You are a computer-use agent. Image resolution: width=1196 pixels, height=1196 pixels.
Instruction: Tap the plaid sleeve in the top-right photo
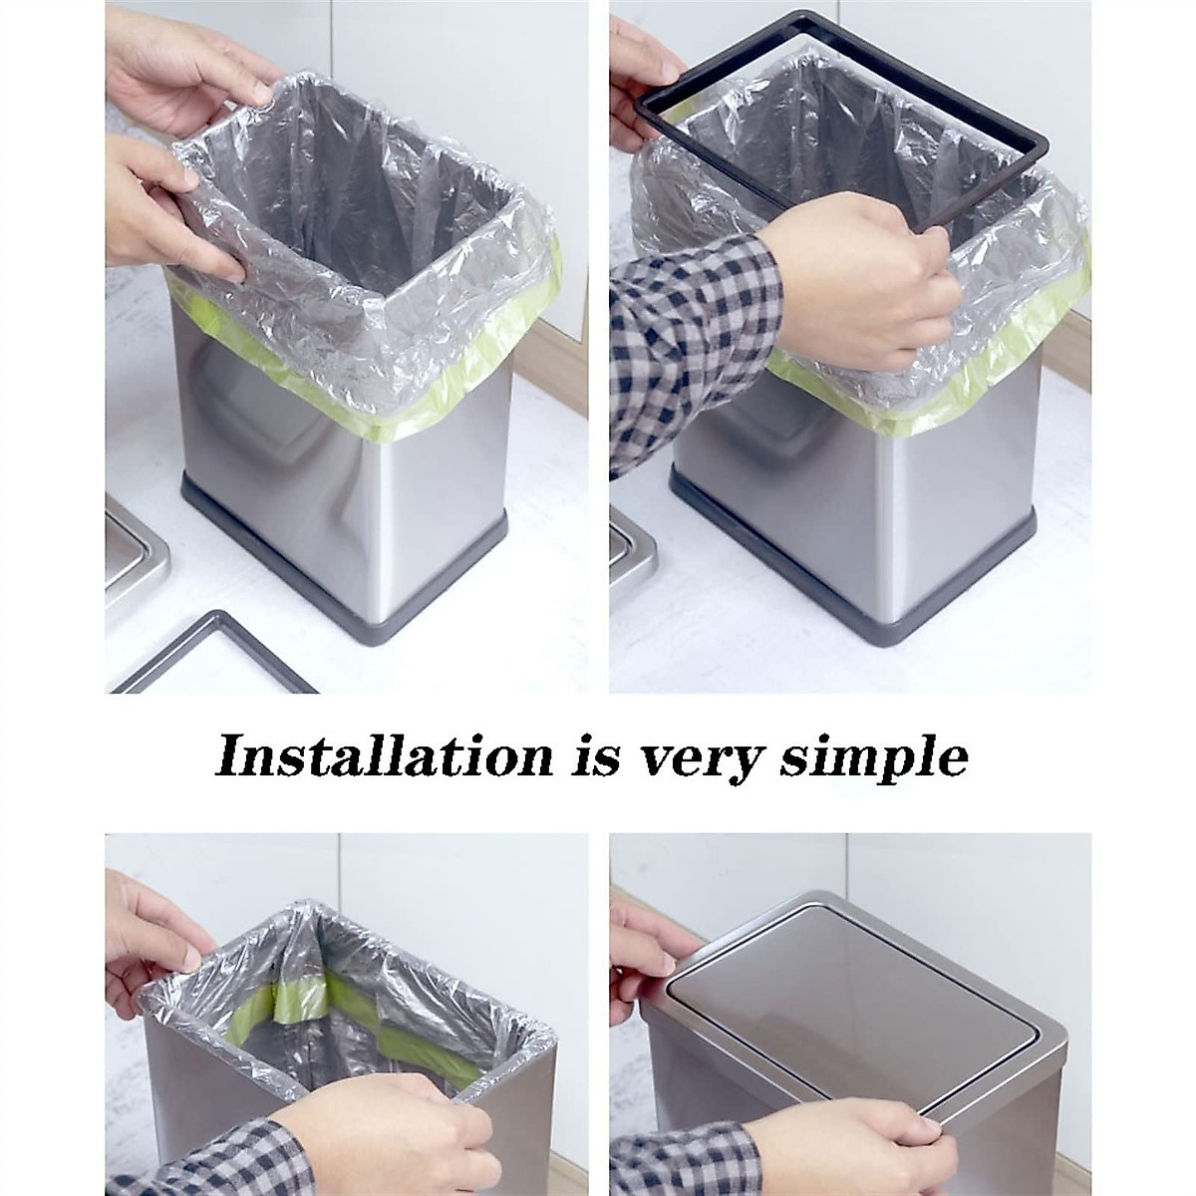pyautogui.click(x=678, y=339)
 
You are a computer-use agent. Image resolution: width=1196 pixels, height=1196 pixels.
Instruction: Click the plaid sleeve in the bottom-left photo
pyautogui.click(x=209, y=1161)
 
